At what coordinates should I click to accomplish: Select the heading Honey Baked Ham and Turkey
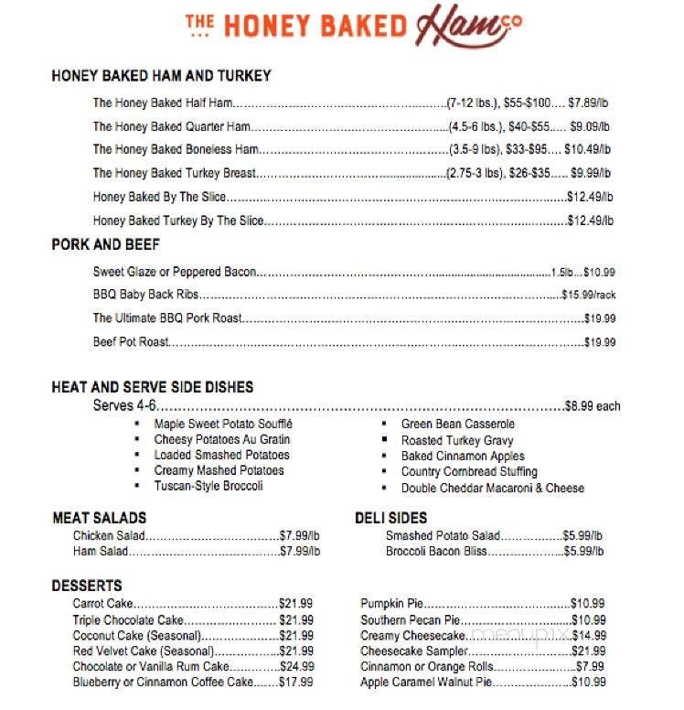point(161,76)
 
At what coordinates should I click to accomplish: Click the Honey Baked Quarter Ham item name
point(171,126)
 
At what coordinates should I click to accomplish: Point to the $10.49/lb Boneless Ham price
point(587,149)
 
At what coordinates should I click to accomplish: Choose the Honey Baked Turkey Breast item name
point(174,173)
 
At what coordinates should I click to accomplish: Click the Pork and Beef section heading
point(105,244)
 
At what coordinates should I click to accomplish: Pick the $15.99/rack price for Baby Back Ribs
point(588,295)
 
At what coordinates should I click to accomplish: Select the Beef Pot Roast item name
point(132,342)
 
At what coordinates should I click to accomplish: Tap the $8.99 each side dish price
point(593,405)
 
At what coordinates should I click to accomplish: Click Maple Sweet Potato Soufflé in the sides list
point(223,425)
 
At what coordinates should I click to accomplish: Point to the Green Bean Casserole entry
point(457,425)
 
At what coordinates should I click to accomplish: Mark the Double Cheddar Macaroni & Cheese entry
point(492,488)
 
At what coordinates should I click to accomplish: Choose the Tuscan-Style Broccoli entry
point(208,486)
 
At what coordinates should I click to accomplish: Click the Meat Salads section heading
point(99,518)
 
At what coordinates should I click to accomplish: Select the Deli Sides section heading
point(390,518)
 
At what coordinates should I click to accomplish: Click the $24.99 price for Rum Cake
point(295,666)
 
